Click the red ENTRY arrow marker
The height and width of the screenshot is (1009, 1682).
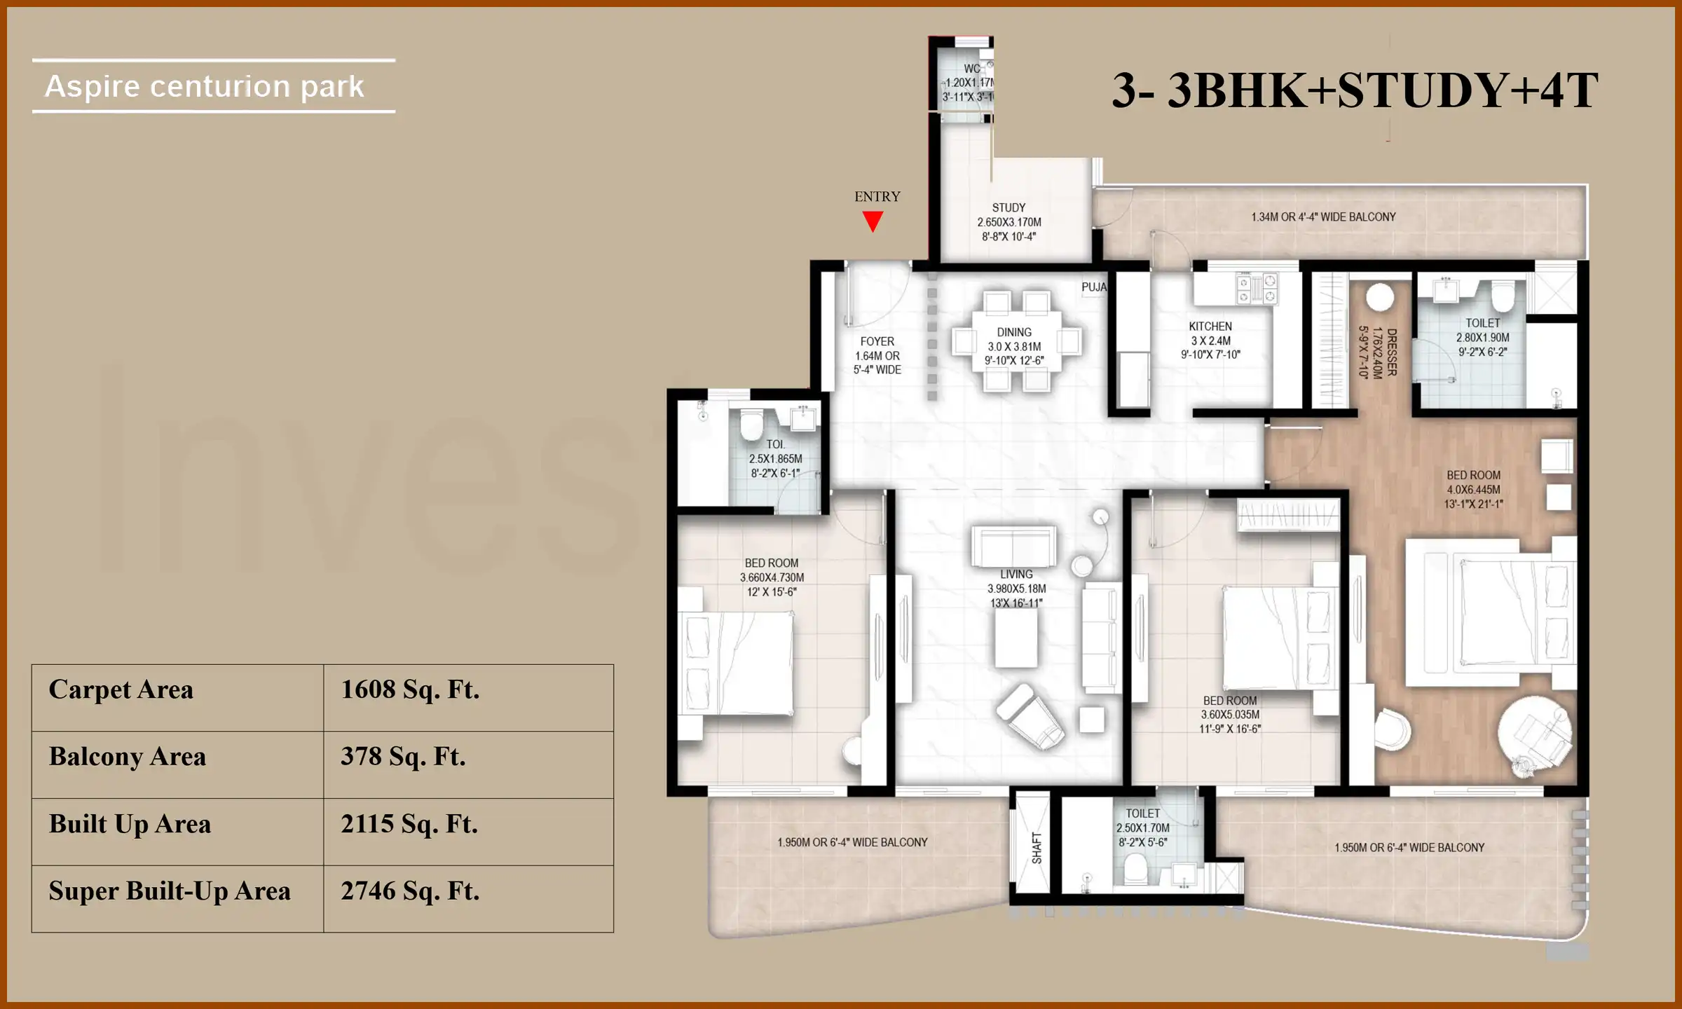click(x=873, y=222)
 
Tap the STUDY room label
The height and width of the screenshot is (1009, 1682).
click(x=1008, y=207)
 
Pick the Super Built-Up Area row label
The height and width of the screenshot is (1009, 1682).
click(x=170, y=891)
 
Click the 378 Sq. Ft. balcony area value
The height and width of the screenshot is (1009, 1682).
click(x=403, y=757)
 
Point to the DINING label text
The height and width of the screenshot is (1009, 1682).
click(x=1014, y=332)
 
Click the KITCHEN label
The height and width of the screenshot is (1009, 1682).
click(x=1210, y=327)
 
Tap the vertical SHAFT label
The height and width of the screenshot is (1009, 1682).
click(x=1037, y=848)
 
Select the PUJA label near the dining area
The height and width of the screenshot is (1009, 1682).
click(x=1094, y=287)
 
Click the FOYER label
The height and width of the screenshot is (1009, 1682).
click(x=877, y=341)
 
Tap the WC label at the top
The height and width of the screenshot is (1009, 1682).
click(x=972, y=69)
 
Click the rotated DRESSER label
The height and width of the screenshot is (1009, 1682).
click(x=1392, y=352)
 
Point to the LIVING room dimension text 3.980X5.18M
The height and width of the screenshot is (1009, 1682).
click(x=1016, y=589)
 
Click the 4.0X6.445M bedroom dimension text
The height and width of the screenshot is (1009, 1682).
click(x=1473, y=490)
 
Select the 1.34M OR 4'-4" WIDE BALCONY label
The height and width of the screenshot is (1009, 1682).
click(x=1323, y=217)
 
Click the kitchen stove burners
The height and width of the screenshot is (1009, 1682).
click(x=1257, y=290)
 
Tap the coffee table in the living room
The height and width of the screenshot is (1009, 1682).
click(x=1016, y=638)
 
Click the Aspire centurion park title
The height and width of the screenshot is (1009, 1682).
click(x=205, y=87)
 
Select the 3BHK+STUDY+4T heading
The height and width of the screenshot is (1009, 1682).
click(x=1355, y=90)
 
